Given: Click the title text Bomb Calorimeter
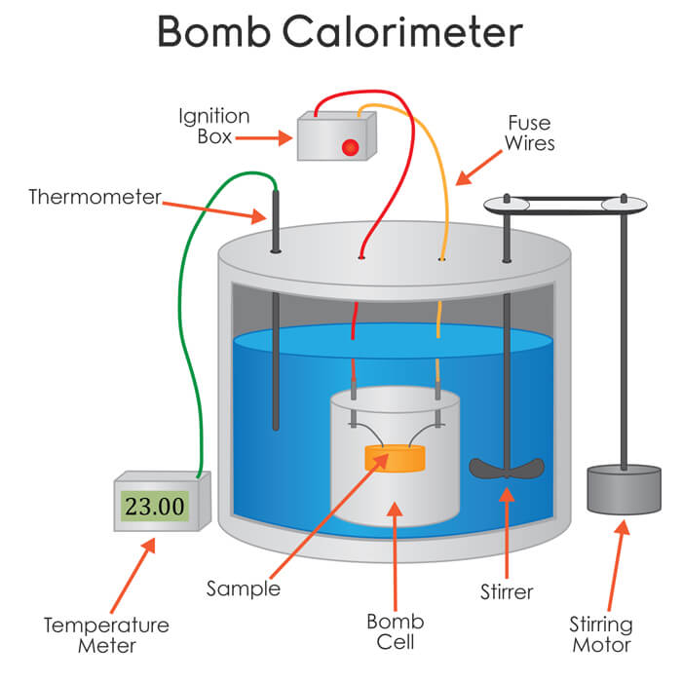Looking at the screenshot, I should pyautogui.click(x=340, y=33).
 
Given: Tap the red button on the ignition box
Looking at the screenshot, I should pyautogui.click(x=349, y=147).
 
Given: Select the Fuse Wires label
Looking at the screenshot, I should pyautogui.click(x=529, y=133).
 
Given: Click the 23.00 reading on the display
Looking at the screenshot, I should pyautogui.click(x=153, y=506).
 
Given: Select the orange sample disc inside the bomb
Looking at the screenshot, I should pyautogui.click(x=395, y=457).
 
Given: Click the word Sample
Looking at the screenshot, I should pyautogui.click(x=243, y=588).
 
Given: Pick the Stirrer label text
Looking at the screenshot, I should pyautogui.click(x=506, y=590).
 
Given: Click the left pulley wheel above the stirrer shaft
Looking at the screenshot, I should pyautogui.click(x=507, y=205).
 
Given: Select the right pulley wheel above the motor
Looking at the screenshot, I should pyautogui.click(x=625, y=205).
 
